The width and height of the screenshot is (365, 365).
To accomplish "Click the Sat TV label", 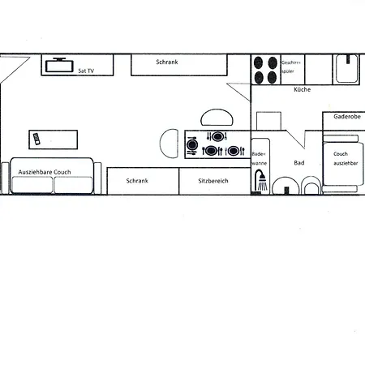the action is tap(86, 71).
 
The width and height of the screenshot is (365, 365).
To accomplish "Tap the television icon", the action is tap(59, 65).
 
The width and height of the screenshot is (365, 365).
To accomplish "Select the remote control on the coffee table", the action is tap(36, 139).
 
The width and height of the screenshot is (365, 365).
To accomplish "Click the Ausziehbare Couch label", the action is tap(45, 172).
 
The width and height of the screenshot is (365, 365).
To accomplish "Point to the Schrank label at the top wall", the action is tap(167, 62).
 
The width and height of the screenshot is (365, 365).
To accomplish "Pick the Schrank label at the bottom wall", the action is tap(137, 181).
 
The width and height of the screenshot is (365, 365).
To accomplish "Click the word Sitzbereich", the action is tap(213, 181).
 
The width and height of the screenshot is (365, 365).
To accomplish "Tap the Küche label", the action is tap(303, 89).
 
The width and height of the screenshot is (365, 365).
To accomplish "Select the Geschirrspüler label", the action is tap(291, 67).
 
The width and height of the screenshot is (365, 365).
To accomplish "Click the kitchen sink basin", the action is tap(347, 69).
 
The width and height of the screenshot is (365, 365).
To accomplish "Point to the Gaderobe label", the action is tap(347, 117).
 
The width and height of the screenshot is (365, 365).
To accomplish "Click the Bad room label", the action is tap(299, 163).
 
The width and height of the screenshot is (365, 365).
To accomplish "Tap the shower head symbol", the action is tap(261, 180).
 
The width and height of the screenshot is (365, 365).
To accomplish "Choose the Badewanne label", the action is tap(260, 159).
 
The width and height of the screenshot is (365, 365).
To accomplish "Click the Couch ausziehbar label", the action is tap(346, 158).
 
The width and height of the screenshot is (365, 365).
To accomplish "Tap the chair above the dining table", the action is tap(217, 118).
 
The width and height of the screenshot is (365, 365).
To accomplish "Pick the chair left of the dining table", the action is tap(169, 144).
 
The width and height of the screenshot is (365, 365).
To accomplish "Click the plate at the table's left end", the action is tap(192, 145).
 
